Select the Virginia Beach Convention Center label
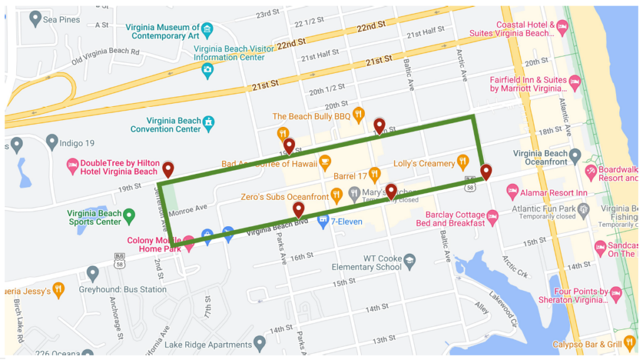point(166,124)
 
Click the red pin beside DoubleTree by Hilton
point(168,170)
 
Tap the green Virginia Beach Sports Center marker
point(129,217)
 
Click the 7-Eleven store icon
point(323,221)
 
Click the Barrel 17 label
point(350,177)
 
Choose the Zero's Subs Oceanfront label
point(284,197)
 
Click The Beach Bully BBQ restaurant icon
point(358,114)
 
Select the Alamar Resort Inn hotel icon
point(512,190)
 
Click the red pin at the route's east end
point(486,172)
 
